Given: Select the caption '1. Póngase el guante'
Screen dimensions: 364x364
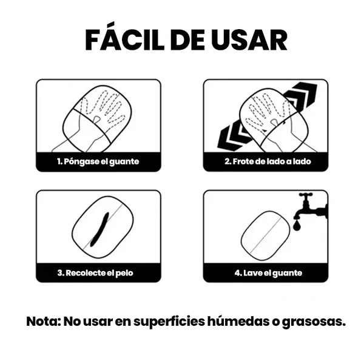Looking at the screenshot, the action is (x=98, y=161).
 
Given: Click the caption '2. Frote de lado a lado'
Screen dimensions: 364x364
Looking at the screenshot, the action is (x=268, y=161).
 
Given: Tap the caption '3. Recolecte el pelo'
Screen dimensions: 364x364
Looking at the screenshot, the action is (x=95, y=272).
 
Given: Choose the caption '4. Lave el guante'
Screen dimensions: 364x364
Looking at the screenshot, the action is (x=268, y=273).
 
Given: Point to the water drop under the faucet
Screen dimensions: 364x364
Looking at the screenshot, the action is (x=297, y=226).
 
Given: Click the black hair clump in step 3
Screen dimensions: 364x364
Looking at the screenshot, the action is (x=99, y=229).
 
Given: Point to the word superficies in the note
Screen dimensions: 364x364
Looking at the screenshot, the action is (x=169, y=322).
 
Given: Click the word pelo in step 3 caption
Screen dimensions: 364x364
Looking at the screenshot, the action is (x=124, y=273).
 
